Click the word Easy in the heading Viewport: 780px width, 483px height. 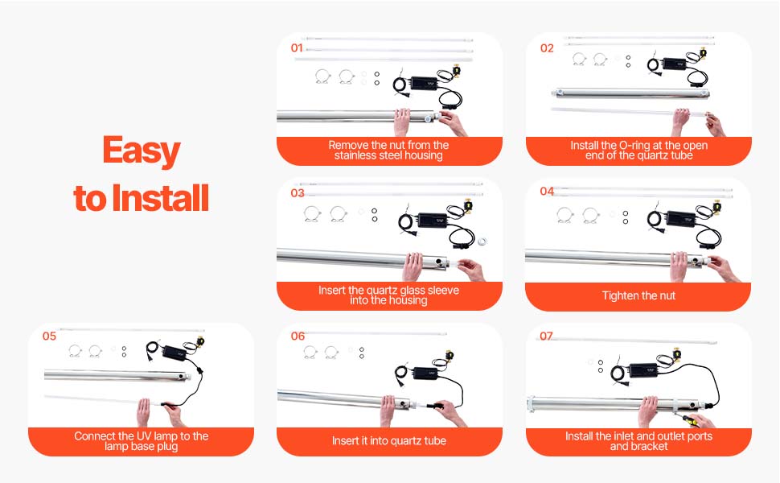pos(142,151)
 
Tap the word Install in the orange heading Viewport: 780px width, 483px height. pos(160,198)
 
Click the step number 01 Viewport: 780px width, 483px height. pos(297,47)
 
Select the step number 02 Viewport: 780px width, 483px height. pos(547,47)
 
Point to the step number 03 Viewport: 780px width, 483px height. pos(298,193)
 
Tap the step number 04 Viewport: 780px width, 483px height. pos(547,192)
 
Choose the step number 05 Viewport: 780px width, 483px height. pos(49,336)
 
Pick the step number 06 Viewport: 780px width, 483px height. pos(298,336)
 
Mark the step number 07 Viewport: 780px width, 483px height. pos(546,336)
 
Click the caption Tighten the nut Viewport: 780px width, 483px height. pos(638,295)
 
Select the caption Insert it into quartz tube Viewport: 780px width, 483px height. pos(389,440)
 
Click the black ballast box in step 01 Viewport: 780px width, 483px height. pos(424,83)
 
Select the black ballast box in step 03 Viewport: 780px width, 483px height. pos(433,220)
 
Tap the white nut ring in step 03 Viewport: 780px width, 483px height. pos(482,242)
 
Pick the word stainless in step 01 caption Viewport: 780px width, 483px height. pos(357,155)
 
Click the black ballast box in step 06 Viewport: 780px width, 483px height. pos(425,374)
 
